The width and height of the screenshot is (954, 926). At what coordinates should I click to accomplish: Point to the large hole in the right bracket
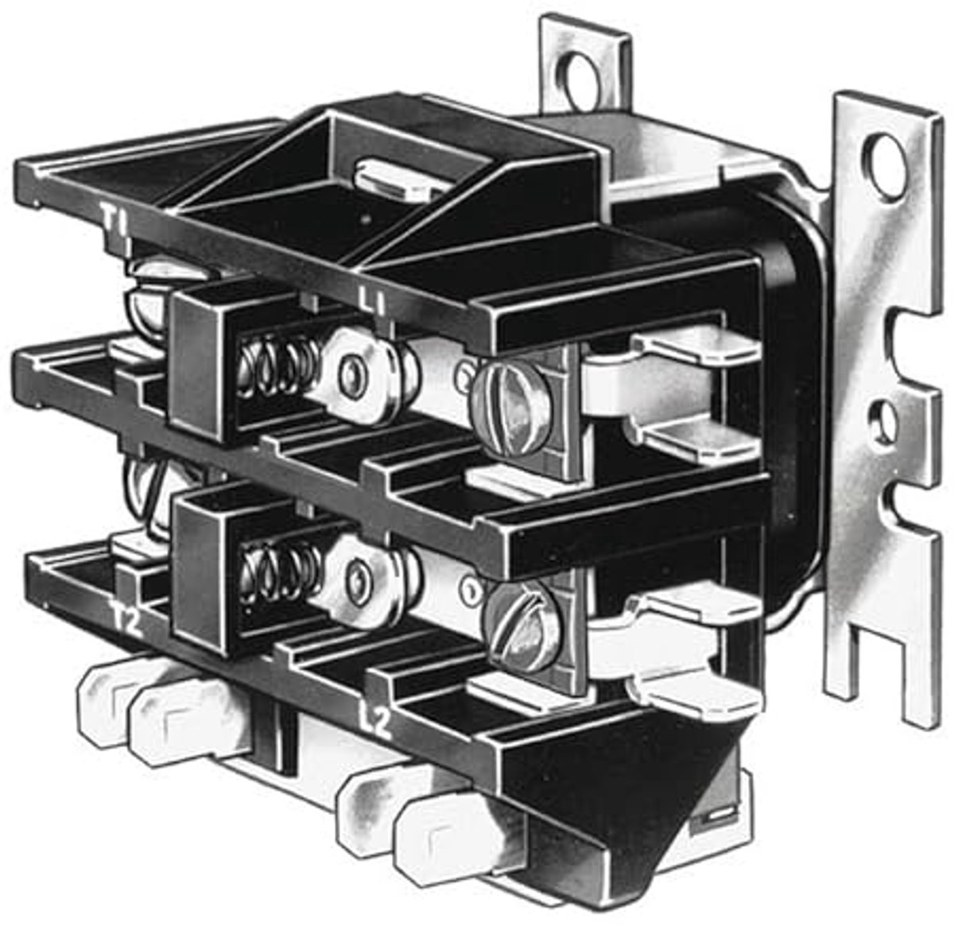click(x=886, y=169)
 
